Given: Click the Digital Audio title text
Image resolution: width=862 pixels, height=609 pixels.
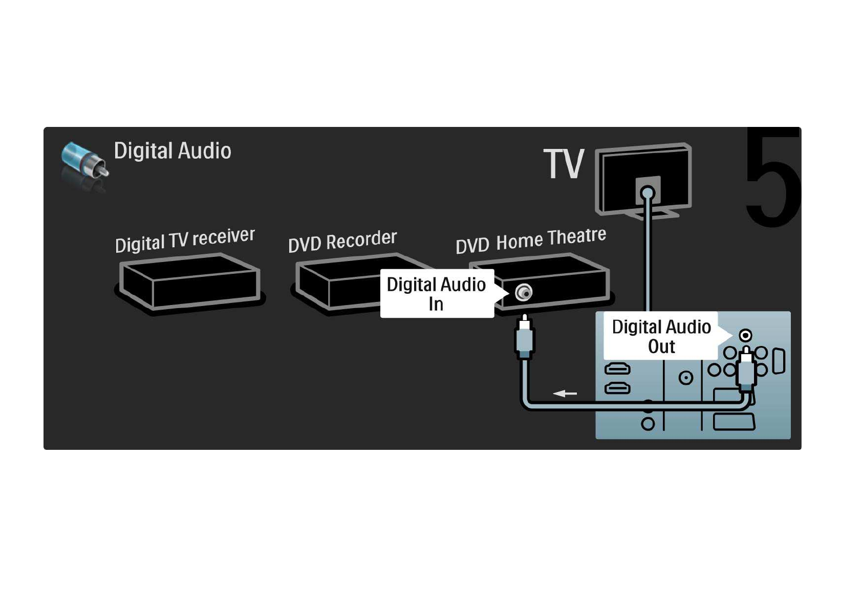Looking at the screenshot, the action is (x=173, y=150).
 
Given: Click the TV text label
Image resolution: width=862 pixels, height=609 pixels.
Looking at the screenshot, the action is (x=564, y=163).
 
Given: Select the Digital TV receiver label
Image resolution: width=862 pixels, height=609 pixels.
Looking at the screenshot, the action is (x=185, y=240).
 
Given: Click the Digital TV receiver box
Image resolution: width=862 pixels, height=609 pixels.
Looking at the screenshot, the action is (x=190, y=283).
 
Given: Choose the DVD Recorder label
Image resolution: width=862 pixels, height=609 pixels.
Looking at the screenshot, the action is (x=342, y=242).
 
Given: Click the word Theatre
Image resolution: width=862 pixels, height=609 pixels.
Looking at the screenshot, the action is (x=577, y=236).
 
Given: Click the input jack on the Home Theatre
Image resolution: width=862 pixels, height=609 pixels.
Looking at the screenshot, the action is (x=524, y=293).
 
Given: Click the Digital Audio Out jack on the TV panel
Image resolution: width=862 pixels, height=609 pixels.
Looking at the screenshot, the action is (x=745, y=336).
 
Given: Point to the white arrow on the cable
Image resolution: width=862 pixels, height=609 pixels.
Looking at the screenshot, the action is (x=565, y=393).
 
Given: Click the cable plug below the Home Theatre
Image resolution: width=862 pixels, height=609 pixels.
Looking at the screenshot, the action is (x=524, y=337).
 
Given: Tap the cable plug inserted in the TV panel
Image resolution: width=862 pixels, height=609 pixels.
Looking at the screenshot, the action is (x=746, y=368).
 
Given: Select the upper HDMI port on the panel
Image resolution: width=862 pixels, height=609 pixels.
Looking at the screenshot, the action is (x=617, y=368).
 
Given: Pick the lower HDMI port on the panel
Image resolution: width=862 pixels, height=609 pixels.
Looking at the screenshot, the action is (x=617, y=388).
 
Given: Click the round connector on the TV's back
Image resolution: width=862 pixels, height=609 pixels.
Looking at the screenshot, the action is (x=648, y=192).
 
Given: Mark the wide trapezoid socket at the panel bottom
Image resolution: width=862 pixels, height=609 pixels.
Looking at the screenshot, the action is (x=734, y=422).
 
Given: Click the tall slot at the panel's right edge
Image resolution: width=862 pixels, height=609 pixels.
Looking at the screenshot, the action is (x=779, y=361).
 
